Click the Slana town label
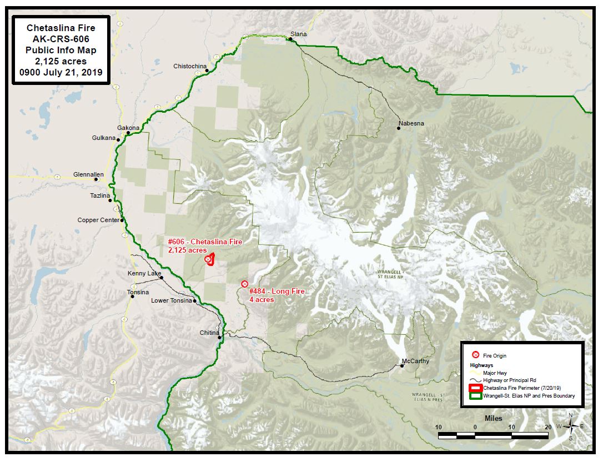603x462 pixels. pyautogui.click(x=299, y=34)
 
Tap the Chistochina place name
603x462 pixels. pyautogui.click(x=189, y=66)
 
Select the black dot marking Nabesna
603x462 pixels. pyautogui.click(x=399, y=128)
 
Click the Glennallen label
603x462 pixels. pyautogui.click(x=88, y=174)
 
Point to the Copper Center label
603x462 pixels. pyautogui.click(x=98, y=220)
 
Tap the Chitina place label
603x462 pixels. pyautogui.click(x=209, y=333)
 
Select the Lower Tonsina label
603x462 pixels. pyautogui.click(x=171, y=300)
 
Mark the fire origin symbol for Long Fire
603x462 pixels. pyautogui.click(x=244, y=284)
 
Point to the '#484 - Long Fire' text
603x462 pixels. pyautogui.click(x=277, y=291)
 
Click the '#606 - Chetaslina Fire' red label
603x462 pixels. pyautogui.click(x=205, y=242)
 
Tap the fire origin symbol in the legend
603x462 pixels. pyautogui.click(x=475, y=355)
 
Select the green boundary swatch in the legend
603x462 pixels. pyautogui.click(x=475, y=396)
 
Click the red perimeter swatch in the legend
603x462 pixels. pyautogui.click(x=475, y=388)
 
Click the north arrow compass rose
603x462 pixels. pyautogui.click(x=570, y=426)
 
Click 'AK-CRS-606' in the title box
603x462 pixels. pyautogui.click(x=61, y=38)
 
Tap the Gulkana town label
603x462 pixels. pyautogui.click(x=103, y=138)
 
